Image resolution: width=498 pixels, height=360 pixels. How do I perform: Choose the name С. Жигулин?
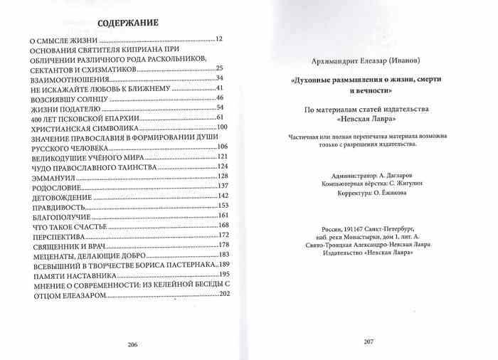pyautogui.click(x=397, y=183)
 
